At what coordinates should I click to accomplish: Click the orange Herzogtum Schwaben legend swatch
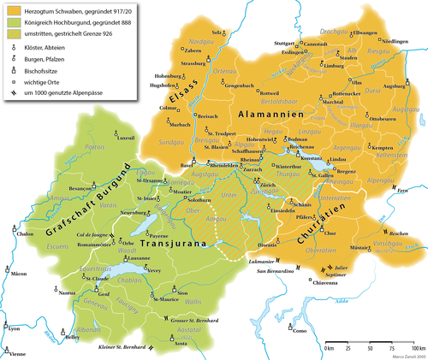(12, 9)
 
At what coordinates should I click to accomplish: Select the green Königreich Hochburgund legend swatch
(12, 21)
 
